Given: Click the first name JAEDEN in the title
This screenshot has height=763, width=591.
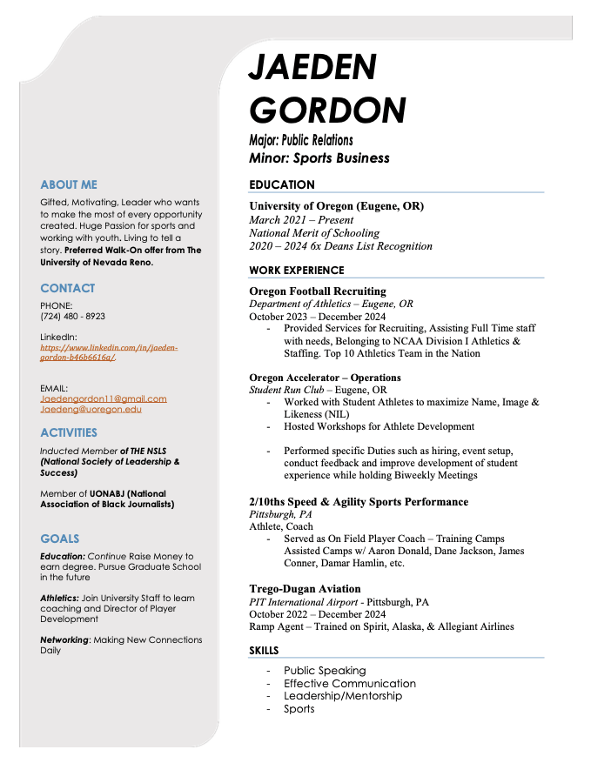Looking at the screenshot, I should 312,67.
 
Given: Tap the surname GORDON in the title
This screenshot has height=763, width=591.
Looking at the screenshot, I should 327,110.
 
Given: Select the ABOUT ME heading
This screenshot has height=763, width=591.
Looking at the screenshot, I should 69,185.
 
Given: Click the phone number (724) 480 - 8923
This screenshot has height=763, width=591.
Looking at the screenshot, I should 72,317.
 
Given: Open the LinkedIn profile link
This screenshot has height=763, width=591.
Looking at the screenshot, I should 109,351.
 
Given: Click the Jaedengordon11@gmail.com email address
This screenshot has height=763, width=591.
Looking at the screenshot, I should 104,398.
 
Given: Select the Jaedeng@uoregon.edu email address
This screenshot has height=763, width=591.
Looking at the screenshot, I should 91,409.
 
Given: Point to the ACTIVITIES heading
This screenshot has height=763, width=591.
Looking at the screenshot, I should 69,432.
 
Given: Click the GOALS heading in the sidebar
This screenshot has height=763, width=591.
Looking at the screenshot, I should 59,539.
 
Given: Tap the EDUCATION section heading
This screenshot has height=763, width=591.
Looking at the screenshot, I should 282,184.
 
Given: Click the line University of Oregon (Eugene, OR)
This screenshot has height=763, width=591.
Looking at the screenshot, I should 336,206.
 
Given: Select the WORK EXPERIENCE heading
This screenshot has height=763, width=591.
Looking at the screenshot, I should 296,271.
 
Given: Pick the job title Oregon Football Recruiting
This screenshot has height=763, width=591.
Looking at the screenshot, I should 317,291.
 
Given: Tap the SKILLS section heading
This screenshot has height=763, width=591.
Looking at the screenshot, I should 266,650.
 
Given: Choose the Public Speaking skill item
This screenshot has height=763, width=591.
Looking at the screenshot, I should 325,671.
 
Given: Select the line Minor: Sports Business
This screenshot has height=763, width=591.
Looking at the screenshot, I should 319,158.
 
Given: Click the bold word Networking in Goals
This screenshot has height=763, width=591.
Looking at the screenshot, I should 64,639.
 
